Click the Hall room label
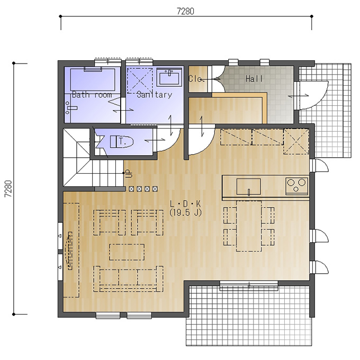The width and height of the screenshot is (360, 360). [x=254, y=79]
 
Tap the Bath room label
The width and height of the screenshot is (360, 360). [x=92, y=94]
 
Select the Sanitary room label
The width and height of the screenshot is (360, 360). [x=154, y=94]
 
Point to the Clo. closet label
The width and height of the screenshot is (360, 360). [x=196, y=79]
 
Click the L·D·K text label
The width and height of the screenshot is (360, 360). [x=185, y=203]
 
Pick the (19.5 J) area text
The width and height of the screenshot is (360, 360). [x=185, y=213]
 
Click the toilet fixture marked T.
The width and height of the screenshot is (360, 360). [x=122, y=142]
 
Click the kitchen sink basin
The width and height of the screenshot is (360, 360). [x=249, y=187]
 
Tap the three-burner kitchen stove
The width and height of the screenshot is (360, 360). [x=296, y=186]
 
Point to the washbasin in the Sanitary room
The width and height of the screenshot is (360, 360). [x=169, y=76]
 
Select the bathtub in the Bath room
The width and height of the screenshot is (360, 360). [x=93, y=79]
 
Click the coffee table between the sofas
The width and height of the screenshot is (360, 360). [x=127, y=252]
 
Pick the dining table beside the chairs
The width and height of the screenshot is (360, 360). [x=249, y=226]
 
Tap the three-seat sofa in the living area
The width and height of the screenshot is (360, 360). [x=128, y=278]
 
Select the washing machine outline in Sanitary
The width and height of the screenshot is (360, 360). [x=140, y=80]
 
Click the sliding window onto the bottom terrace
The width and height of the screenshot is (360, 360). [x=249, y=285]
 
